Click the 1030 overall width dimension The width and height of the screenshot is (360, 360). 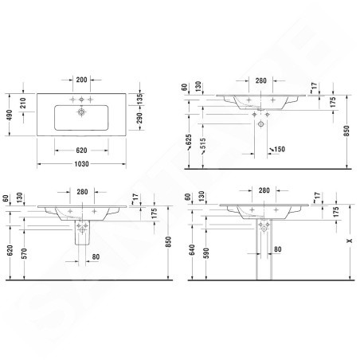(x=81, y=164)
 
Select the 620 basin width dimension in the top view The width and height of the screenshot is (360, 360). (x=81, y=151)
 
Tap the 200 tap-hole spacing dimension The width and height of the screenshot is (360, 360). (x=81, y=80)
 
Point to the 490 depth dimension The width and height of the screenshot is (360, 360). (x=10, y=115)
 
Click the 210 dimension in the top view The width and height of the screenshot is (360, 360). (x=23, y=103)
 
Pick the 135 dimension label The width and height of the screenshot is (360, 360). (x=139, y=99)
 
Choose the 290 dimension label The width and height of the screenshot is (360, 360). (x=139, y=118)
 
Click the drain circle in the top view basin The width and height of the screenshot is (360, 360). (x=81, y=112)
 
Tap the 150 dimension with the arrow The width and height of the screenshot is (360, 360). (x=277, y=149)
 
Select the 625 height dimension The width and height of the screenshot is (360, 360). (x=189, y=143)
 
